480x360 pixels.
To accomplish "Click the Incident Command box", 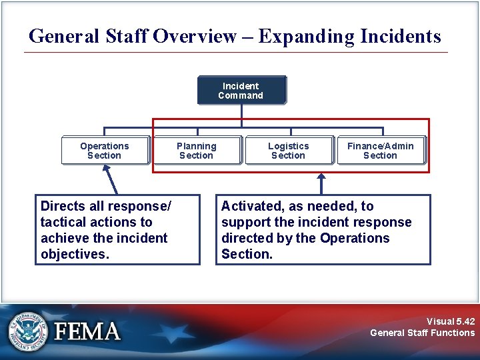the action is pyautogui.click(x=241, y=91).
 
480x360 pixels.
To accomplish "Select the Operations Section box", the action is pyautogui.click(x=105, y=151).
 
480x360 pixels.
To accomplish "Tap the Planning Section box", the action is pyautogui.click(x=197, y=151).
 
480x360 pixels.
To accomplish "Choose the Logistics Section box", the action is pyautogui.click(x=288, y=151).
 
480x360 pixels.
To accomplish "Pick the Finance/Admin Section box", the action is pyautogui.click(x=380, y=151).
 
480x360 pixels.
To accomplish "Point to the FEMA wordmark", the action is pyautogui.click(x=87, y=331).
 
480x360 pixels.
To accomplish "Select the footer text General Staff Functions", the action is pyautogui.click(x=422, y=333).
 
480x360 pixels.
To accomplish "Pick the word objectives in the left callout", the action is pyautogui.click(x=74, y=255).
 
